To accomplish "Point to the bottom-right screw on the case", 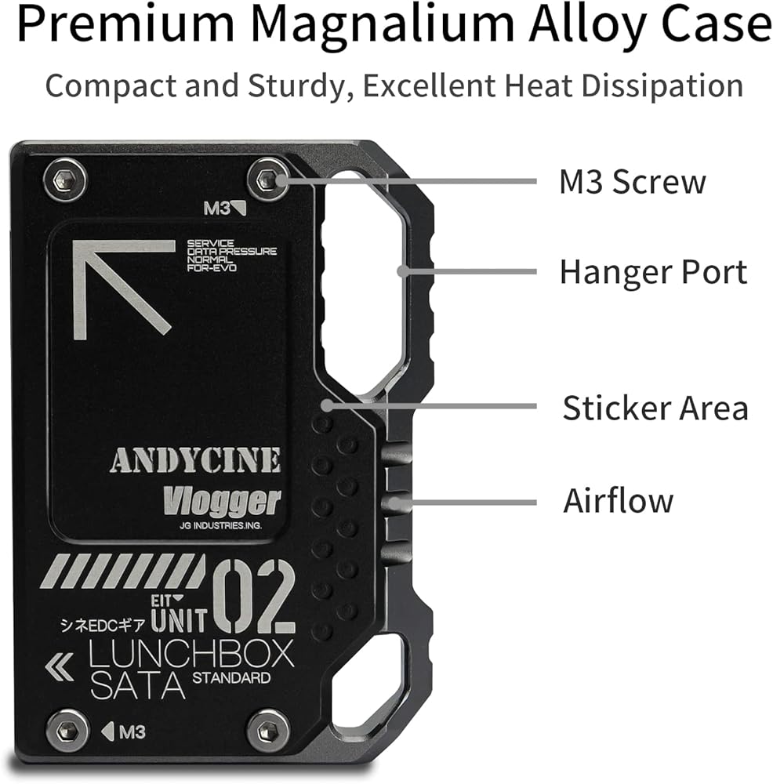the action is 268,731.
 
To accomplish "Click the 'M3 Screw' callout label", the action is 632,182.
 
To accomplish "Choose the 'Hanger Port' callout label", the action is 653,272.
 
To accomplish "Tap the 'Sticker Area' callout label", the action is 655,408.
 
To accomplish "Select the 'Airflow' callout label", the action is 618,499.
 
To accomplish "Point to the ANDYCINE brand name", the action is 194,461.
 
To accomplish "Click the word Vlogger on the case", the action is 222,500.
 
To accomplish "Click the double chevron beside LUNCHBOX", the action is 60,668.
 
